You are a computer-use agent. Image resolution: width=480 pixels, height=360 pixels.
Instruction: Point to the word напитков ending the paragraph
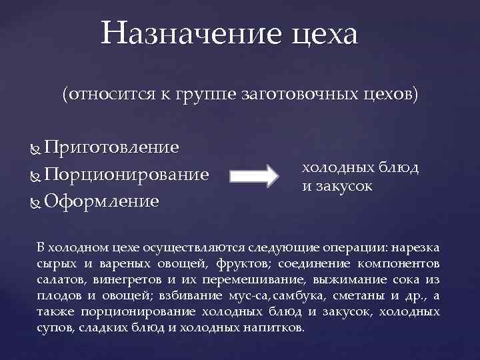[275, 328]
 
